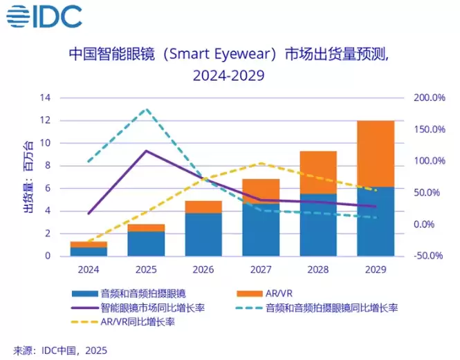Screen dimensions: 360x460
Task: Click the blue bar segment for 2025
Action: tap(145, 243)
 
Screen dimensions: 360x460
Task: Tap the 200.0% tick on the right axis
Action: tap(430, 98)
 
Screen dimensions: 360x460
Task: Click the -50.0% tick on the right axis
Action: tap(430, 256)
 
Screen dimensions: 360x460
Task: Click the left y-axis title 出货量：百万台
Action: tap(28, 177)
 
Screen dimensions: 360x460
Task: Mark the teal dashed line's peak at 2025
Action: tap(145, 109)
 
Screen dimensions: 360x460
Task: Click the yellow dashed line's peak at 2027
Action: tap(260, 163)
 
